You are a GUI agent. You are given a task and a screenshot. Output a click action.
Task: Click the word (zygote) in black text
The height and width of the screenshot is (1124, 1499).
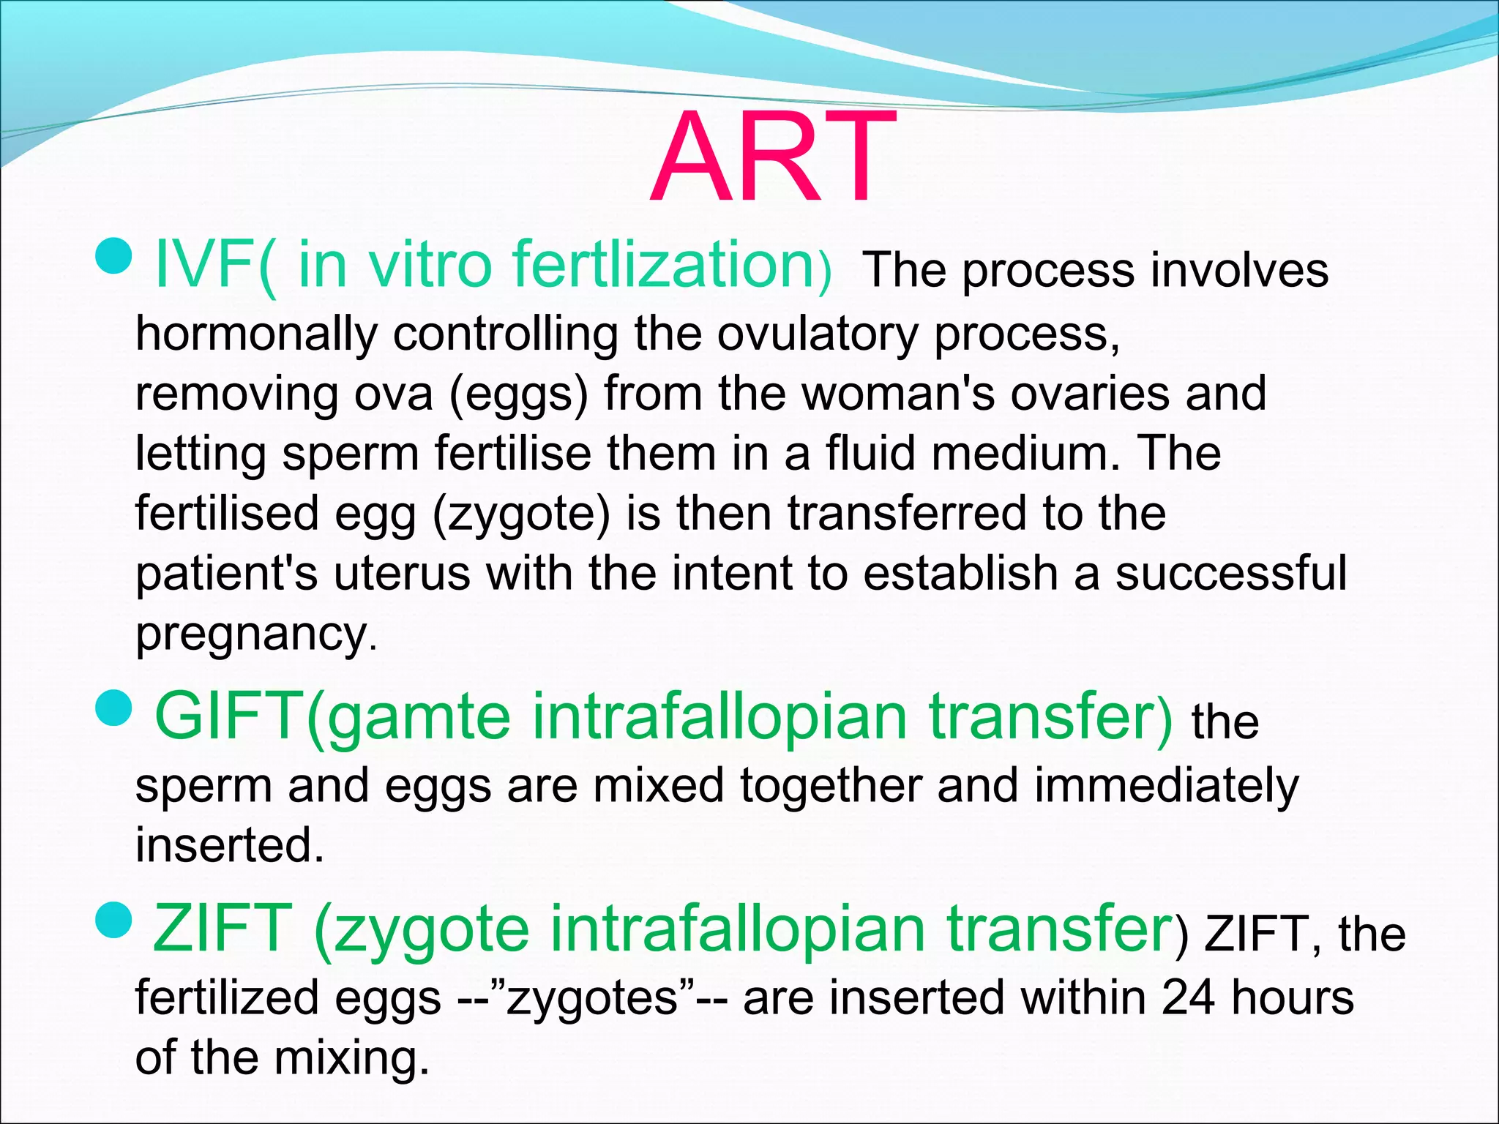click(521, 514)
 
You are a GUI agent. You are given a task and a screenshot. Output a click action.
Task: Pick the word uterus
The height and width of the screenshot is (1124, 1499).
click(402, 573)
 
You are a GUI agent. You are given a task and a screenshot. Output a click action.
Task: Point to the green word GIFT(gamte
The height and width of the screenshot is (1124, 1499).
click(332, 717)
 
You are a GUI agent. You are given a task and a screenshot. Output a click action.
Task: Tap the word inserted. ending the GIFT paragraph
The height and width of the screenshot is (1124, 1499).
click(229, 845)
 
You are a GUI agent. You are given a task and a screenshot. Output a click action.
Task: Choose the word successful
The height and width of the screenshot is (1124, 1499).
click(1230, 573)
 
